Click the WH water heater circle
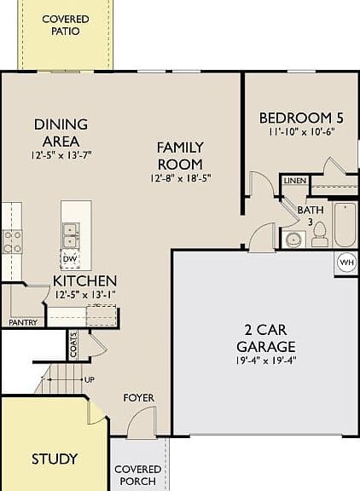(347, 262)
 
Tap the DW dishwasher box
(70, 259)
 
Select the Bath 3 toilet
(320, 234)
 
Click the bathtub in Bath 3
(345, 225)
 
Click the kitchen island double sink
(71, 234)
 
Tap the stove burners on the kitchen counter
(12, 241)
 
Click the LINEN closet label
(295, 181)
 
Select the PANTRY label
(23, 322)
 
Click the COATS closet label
(73, 344)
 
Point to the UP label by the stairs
(90, 380)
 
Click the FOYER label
(139, 398)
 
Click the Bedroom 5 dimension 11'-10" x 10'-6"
(302, 131)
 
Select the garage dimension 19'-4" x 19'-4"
(265, 361)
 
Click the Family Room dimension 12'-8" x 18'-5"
(181, 178)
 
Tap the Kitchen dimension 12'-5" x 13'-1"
(85, 295)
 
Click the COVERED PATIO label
(66, 25)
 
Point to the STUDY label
(55, 459)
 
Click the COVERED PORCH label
(138, 475)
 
